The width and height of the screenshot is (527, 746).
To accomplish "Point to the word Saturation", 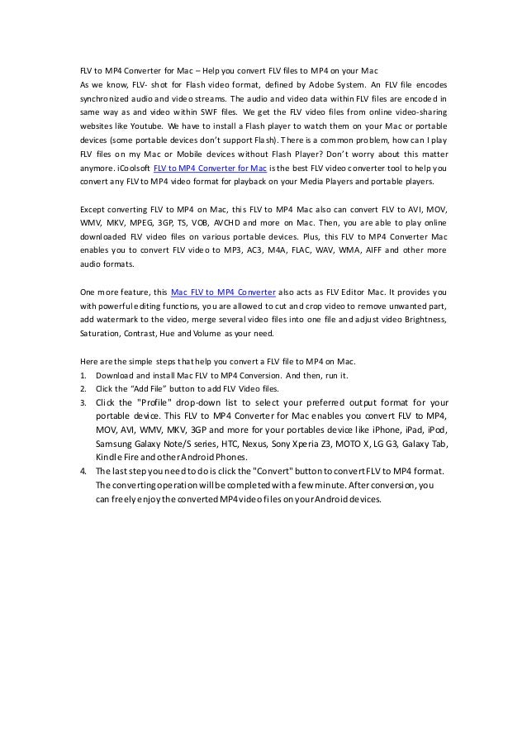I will [99, 334].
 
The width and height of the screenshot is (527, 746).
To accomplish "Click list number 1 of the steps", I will [83, 374].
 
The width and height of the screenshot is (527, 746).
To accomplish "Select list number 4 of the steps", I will [83, 471].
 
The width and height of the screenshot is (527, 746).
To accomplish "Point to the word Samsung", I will [116, 444].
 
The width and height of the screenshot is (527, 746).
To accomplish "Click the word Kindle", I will [109, 457].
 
